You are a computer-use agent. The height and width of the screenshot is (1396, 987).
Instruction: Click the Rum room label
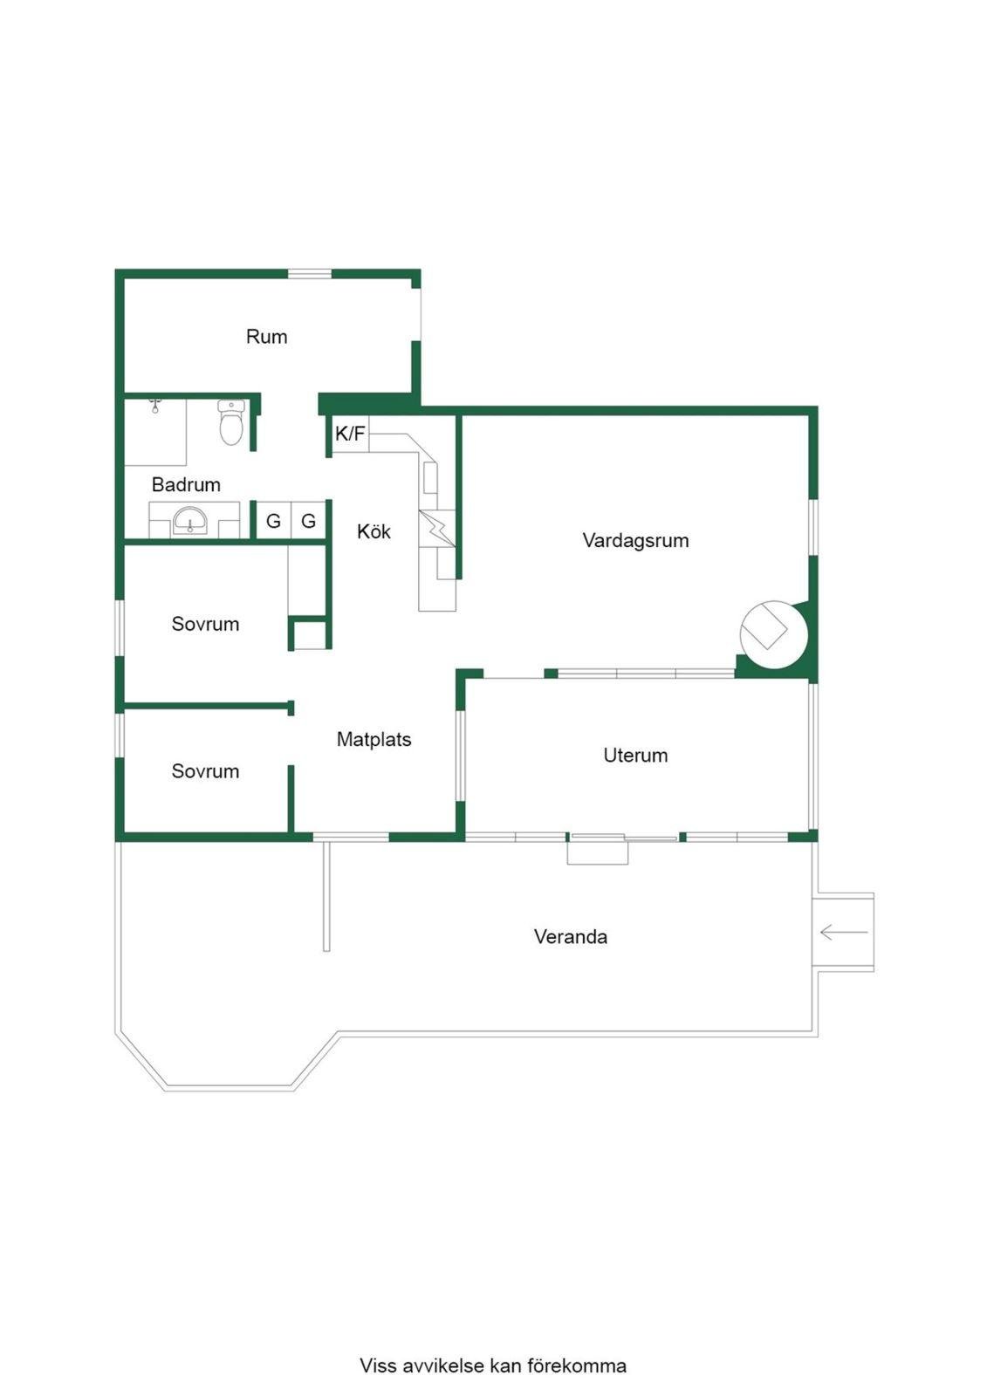tap(266, 337)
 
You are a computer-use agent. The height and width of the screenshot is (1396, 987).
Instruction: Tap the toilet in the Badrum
tap(231, 422)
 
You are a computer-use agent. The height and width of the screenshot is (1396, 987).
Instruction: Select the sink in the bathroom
tap(189, 521)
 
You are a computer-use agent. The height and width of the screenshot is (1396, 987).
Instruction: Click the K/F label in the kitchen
tap(350, 433)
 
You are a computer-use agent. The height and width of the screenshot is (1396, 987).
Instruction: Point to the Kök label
tap(374, 531)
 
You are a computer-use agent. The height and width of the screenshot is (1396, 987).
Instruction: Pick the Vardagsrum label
tap(635, 540)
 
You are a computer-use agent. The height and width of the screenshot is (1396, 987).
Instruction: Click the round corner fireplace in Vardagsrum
tap(774, 634)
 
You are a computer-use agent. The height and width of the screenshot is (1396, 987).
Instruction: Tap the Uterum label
tap(635, 755)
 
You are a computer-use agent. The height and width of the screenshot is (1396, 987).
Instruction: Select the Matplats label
tap(374, 739)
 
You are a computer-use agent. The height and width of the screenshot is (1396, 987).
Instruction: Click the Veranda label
tap(571, 936)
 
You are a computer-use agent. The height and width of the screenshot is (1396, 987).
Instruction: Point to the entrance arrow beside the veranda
tap(844, 933)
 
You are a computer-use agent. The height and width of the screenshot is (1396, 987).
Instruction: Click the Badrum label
tap(186, 484)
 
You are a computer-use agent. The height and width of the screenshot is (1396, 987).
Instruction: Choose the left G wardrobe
tap(273, 520)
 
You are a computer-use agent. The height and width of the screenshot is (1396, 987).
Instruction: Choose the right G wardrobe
tap(308, 520)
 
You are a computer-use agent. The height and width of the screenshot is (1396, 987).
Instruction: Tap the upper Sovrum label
tap(205, 624)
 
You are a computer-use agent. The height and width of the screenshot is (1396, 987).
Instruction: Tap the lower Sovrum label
tap(205, 771)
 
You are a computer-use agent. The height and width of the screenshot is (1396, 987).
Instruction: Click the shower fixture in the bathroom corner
tap(156, 407)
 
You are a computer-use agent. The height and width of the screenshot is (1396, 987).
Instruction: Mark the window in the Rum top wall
tap(309, 273)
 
